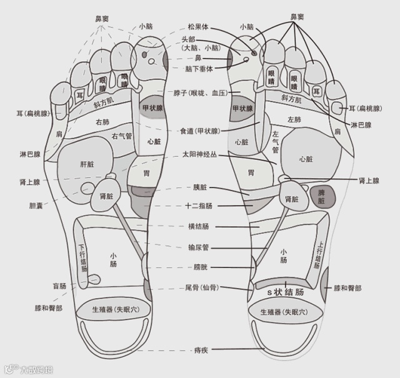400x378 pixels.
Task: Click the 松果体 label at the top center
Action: [199, 27]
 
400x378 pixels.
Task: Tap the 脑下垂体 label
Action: [200, 68]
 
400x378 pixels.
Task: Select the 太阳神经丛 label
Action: [199, 154]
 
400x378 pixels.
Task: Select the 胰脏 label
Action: [200, 187]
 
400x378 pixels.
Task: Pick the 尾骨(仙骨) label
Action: [201, 288]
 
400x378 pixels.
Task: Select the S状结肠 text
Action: [286, 292]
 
